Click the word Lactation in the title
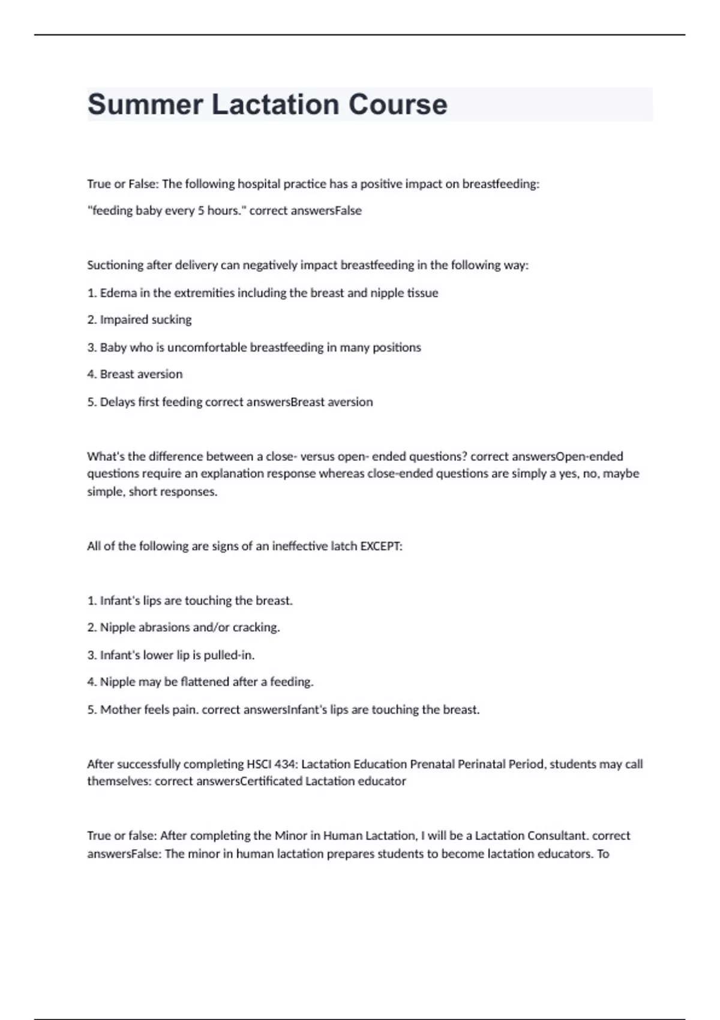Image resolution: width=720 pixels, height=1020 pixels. (275, 104)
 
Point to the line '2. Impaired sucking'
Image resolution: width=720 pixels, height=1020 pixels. (139, 320)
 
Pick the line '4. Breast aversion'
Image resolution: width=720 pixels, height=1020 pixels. (134, 374)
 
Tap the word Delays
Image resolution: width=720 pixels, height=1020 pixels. (118, 402)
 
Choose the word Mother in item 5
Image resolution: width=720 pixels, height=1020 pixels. (121, 710)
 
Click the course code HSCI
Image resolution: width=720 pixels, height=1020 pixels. (259, 764)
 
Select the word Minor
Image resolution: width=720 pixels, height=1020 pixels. (290, 836)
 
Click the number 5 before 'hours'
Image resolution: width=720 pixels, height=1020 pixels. (201, 211)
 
